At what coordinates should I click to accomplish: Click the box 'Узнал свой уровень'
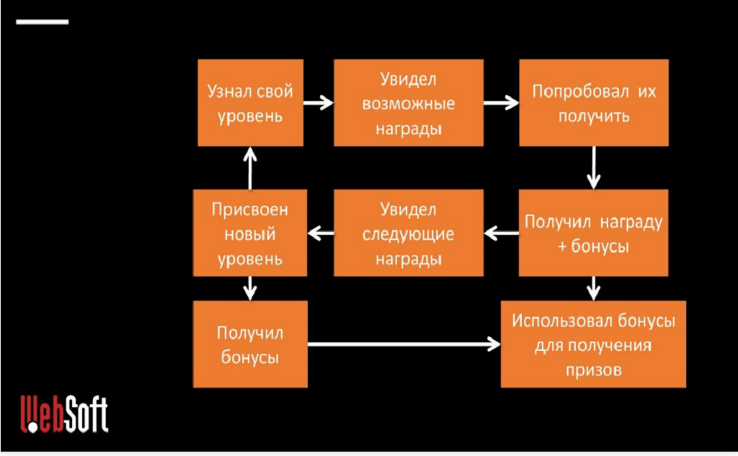coord(250,103)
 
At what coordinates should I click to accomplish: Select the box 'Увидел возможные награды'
coord(408,103)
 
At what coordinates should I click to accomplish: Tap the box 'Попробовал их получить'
coord(594,103)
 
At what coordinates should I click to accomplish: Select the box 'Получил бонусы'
coord(250,344)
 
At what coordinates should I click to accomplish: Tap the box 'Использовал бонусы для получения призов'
coord(594,344)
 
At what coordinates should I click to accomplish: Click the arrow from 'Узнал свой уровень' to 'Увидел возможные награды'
coord(318,103)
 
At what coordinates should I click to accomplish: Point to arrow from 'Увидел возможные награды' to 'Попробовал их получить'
coord(501,103)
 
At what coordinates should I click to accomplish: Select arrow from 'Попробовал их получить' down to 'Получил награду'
coord(594,168)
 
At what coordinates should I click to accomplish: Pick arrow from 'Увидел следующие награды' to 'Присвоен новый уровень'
coord(321,233)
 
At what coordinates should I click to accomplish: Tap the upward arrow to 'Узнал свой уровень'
coord(250,168)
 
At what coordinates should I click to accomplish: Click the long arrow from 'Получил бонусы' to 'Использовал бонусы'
coord(404,344)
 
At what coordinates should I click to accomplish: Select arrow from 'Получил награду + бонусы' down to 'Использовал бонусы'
coord(594,288)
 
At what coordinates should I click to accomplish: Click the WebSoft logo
coord(63,413)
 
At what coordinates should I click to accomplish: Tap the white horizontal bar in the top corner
coord(42,22)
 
